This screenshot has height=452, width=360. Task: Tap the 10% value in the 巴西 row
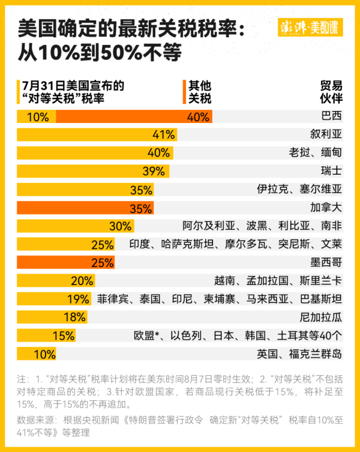click(38, 116)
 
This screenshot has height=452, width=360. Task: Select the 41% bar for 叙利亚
click(96, 134)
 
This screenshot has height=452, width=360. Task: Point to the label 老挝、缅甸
click(315, 153)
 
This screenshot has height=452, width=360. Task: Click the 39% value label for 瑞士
click(154, 171)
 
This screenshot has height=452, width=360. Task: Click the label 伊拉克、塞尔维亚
click(299, 190)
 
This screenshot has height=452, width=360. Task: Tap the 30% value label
click(120, 226)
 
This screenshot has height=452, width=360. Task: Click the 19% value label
click(78, 299)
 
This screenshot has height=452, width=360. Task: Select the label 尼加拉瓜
click(320, 318)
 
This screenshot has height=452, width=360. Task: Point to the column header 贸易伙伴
click(331, 92)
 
